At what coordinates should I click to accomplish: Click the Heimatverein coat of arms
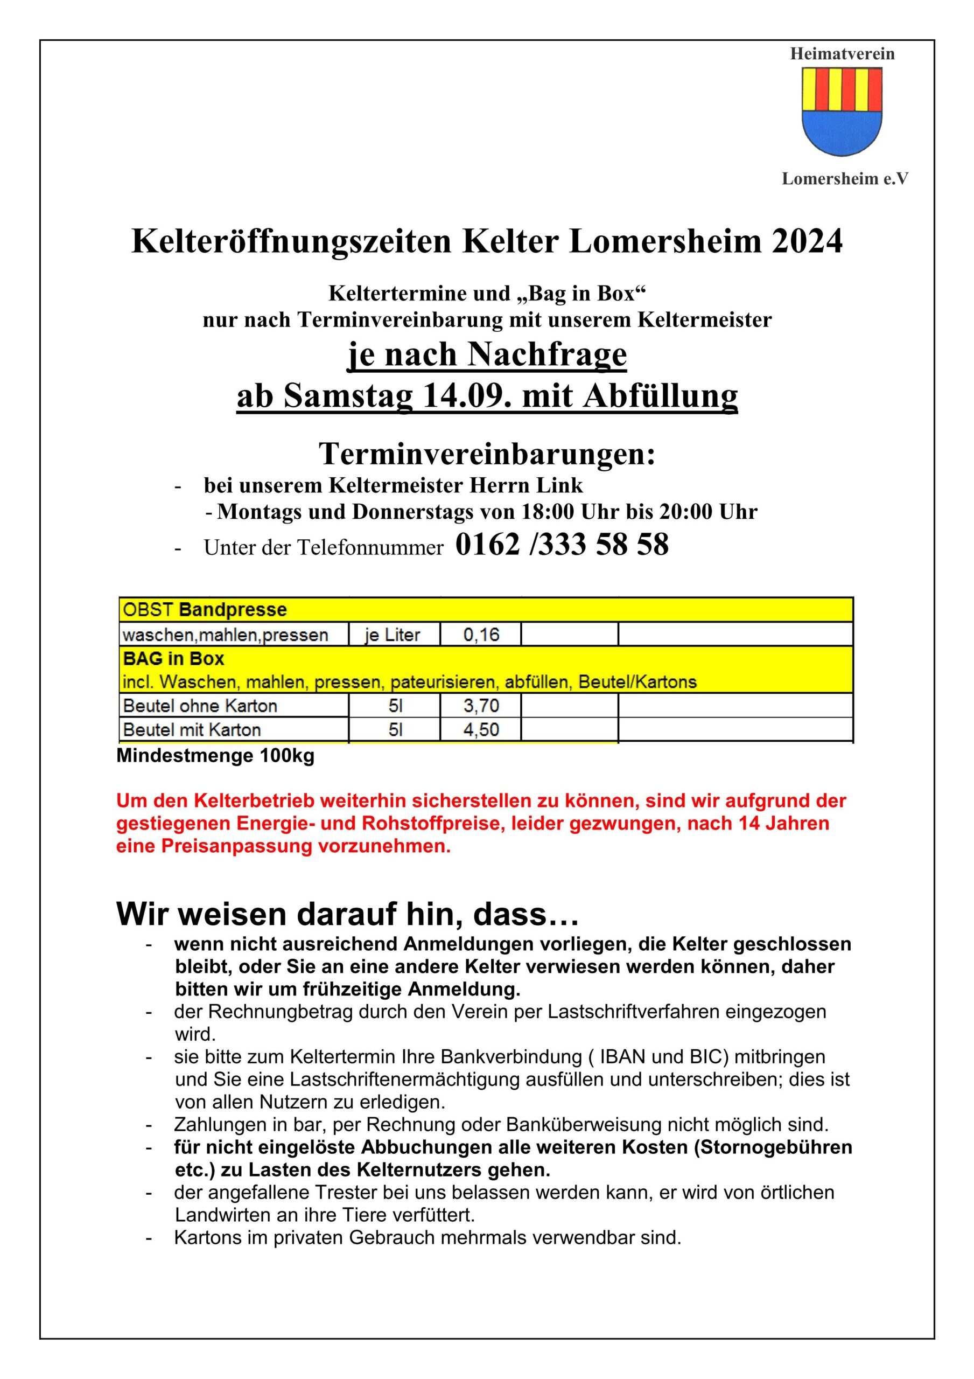842,112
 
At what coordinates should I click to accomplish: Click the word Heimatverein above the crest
842,54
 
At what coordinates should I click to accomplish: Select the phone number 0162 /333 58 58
562,545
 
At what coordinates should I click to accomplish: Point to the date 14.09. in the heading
467,396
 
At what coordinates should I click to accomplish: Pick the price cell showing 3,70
481,706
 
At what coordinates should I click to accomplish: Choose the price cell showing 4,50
481,730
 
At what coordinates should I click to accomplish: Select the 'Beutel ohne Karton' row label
200,706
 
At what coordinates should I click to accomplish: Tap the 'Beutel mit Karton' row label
192,730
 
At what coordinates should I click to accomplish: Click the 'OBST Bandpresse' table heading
205,610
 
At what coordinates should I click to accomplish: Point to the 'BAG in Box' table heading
173,659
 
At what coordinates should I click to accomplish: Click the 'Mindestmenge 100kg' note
215,756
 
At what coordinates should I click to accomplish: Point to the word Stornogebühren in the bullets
776,1147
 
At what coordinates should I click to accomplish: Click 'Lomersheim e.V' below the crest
845,179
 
